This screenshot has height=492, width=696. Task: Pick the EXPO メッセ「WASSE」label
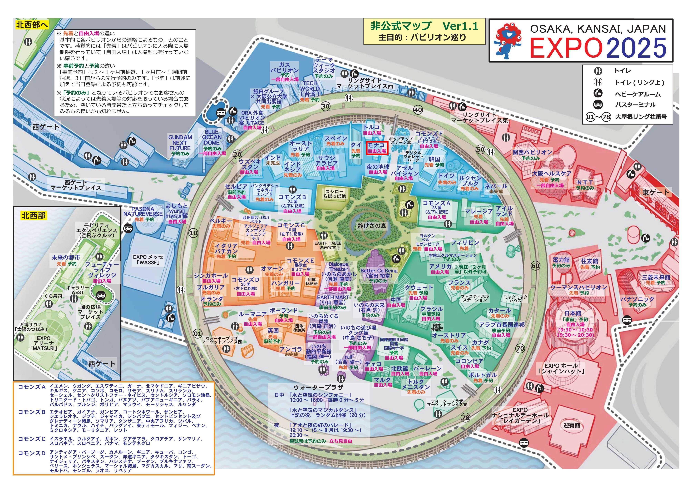pyautogui.click(x=148, y=260)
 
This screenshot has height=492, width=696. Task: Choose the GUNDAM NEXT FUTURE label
pyautogui.click(x=180, y=142)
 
